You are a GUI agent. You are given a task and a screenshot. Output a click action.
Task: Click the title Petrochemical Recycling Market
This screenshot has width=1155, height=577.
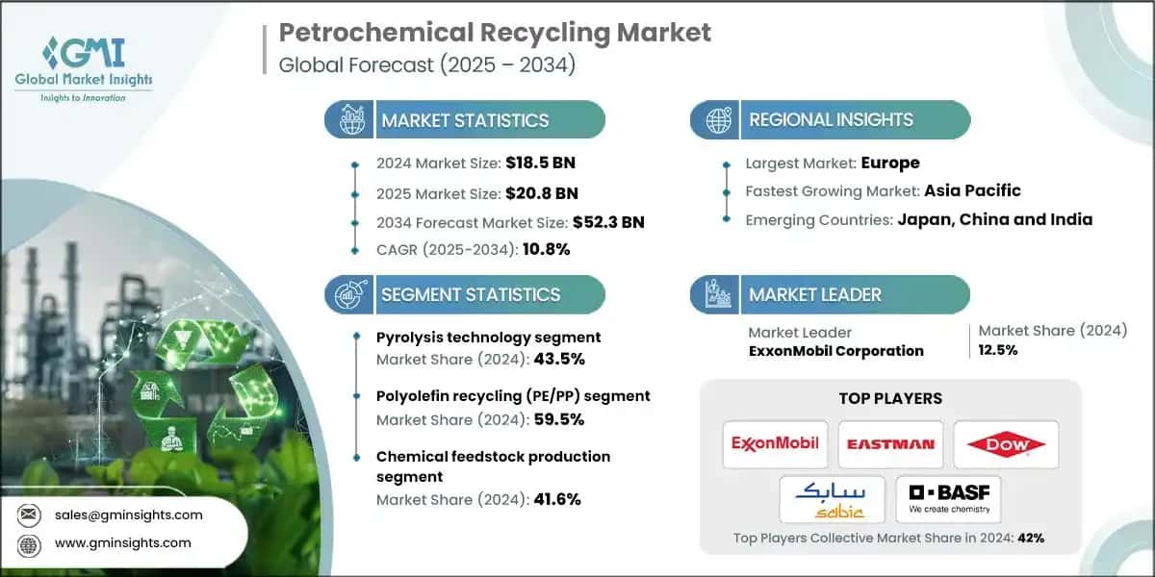(x=495, y=33)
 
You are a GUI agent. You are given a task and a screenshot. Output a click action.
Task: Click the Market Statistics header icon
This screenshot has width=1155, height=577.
(x=349, y=120)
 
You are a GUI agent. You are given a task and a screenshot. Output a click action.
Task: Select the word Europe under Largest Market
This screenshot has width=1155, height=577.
(x=890, y=163)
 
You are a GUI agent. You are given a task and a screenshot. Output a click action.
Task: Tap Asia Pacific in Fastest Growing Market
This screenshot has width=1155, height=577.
(x=972, y=190)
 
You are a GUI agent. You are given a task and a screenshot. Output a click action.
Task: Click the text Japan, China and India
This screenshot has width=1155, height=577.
(x=995, y=219)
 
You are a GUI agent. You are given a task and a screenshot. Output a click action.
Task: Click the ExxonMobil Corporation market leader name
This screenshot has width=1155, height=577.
(x=835, y=351)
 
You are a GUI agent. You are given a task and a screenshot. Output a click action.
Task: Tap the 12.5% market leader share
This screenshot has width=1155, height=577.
(x=998, y=350)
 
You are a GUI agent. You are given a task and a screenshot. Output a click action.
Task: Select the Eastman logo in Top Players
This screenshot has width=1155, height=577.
(x=891, y=444)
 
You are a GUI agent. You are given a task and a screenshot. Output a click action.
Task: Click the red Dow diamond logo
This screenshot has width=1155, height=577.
(x=1006, y=444)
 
